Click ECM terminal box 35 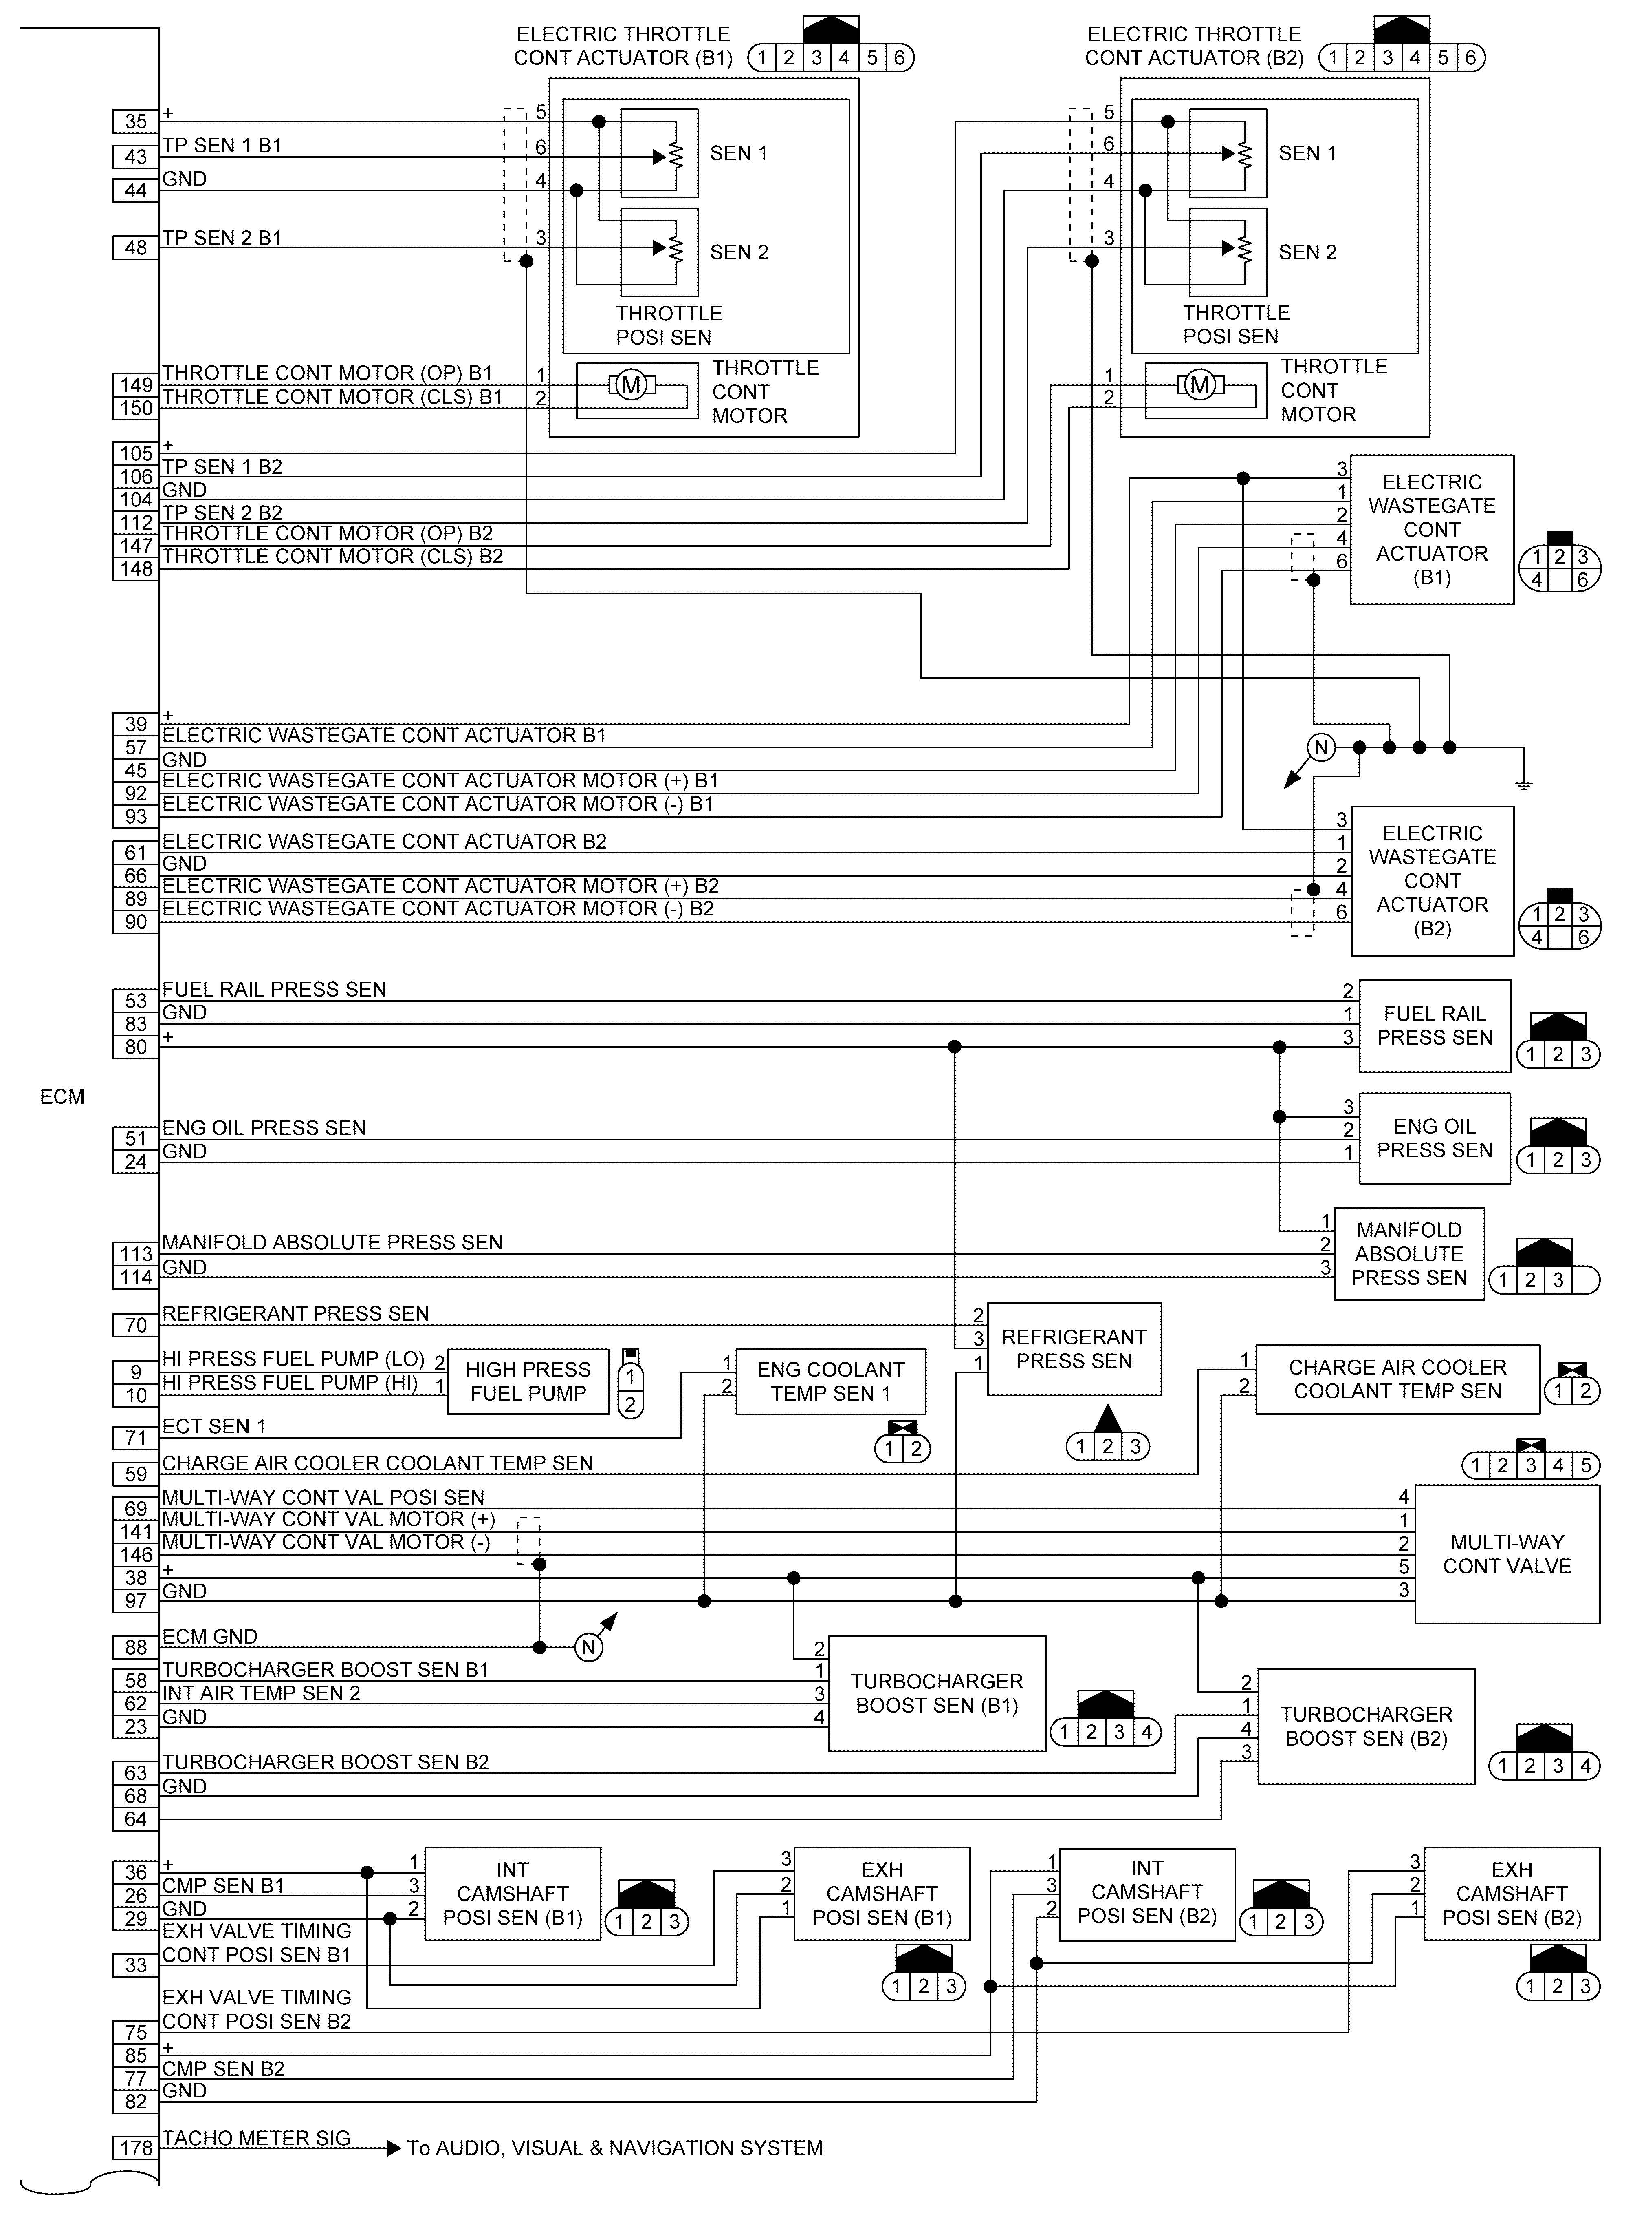click(136, 122)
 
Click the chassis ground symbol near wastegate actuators click(1523, 782)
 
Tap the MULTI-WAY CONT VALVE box click(1507, 1554)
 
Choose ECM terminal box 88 click(136, 1648)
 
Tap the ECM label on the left click(62, 1096)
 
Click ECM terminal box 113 click(136, 1254)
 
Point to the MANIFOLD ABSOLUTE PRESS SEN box click(1409, 1254)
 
